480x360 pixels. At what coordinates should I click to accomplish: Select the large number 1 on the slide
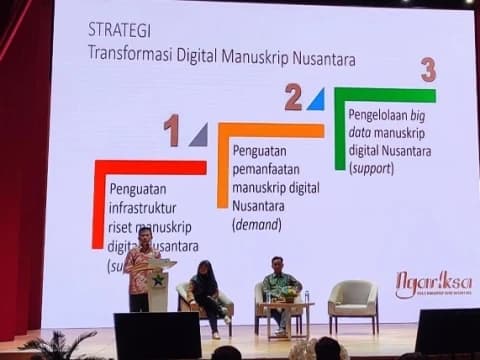coord(172,131)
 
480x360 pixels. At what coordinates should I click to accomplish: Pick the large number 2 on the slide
coord(293,97)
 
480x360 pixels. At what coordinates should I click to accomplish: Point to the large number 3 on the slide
coord(428,70)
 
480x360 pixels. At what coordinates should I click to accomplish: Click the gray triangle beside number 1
coord(198,135)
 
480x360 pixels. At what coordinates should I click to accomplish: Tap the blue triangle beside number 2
coord(316,99)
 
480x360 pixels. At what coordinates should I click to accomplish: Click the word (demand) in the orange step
coord(256,224)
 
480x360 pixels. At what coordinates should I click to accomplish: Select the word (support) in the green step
coord(371,168)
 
